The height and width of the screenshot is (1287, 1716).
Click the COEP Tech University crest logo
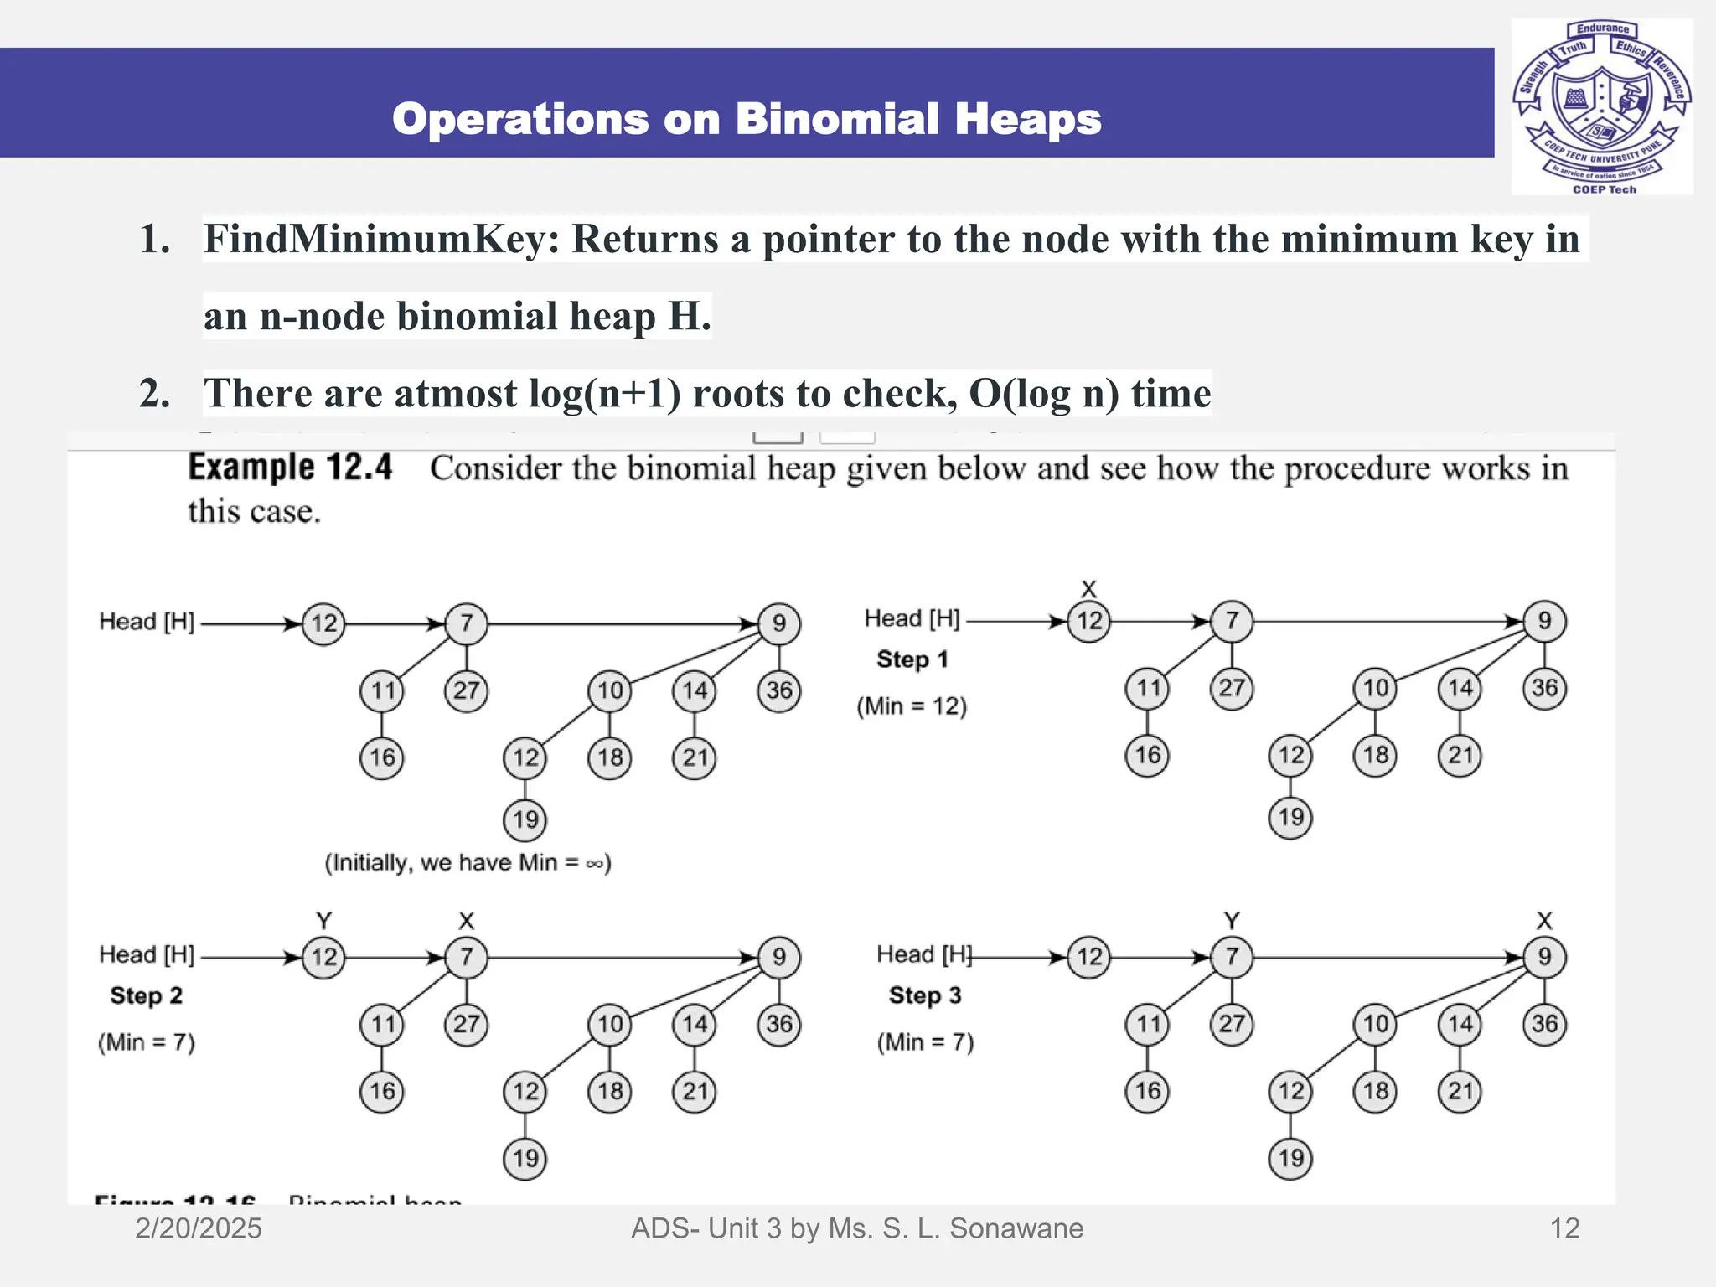point(1601,106)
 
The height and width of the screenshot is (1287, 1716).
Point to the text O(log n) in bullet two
point(1044,393)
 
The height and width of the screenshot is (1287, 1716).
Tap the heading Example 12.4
point(290,468)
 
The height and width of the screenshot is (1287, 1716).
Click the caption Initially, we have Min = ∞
point(468,862)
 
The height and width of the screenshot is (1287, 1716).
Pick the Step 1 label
point(912,659)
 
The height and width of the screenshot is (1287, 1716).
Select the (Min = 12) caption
point(912,706)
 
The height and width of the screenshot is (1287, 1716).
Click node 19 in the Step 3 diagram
point(1290,1158)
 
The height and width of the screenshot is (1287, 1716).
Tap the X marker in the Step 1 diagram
point(1088,589)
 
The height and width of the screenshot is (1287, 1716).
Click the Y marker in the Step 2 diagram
point(324,921)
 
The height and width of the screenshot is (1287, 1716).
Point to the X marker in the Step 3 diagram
point(1544,921)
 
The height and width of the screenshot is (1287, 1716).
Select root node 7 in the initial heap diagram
point(467,623)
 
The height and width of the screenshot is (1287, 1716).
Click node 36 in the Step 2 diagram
point(779,1024)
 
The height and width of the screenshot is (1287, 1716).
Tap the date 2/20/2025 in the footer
point(199,1228)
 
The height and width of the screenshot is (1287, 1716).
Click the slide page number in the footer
point(1564,1228)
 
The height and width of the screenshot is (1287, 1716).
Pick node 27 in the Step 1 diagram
point(1232,688)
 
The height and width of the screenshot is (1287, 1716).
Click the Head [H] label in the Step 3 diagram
point(924,954)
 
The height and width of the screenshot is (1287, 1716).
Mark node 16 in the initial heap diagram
point(382,757)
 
